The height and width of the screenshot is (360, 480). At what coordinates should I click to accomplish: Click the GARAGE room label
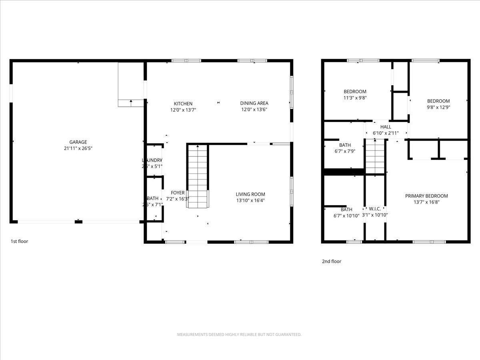tap(78, 142)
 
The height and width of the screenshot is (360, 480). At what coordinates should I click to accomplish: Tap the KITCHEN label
tap(183, 104)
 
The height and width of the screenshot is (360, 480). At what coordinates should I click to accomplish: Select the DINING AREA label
tap(254, 103)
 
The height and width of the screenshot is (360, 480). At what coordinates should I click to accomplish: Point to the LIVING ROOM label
tap(250, 194)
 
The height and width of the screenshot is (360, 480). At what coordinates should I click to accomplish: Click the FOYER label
tap(178, 193)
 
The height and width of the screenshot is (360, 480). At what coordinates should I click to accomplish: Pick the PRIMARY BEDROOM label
tap(426, 196)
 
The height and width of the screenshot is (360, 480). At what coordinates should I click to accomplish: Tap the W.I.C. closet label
tap(375, 209)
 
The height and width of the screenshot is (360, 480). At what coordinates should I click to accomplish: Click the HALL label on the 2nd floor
tap(386, 127)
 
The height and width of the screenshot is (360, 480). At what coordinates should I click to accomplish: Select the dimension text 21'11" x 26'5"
tap(78, 148)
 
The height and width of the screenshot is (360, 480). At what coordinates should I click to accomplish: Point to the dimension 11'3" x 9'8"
tap(355, 98)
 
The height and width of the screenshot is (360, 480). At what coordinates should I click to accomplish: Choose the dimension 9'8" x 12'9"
tap(438, 107)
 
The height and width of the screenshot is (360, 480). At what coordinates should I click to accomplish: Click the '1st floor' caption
tap(19, 241)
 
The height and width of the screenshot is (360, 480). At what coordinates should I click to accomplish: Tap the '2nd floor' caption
tap(332, 262)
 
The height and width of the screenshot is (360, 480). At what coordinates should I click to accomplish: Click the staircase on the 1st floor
tap(198, 176)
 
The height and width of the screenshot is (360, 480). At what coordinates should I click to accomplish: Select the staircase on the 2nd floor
tap(375, 157)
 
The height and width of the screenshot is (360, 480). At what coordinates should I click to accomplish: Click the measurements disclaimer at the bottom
tap(239, 334)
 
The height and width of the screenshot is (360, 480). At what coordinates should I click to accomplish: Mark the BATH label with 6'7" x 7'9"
tap(345, 145)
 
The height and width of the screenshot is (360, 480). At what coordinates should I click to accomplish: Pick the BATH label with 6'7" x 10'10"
tap(346, 210)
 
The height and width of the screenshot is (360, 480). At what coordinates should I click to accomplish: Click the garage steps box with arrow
tap(131, 84)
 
